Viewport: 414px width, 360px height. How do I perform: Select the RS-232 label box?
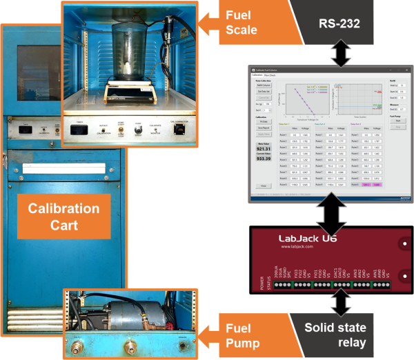(x=337, y=26)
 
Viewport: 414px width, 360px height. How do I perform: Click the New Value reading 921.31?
(x=264, y=148)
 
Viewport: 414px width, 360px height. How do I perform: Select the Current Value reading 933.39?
(x=264, y=158)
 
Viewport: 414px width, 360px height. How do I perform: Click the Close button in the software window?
(x=263, y=186)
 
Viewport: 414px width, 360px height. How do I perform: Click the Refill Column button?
(x=263, y=85)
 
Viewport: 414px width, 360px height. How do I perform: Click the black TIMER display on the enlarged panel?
(x=81, y=128)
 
